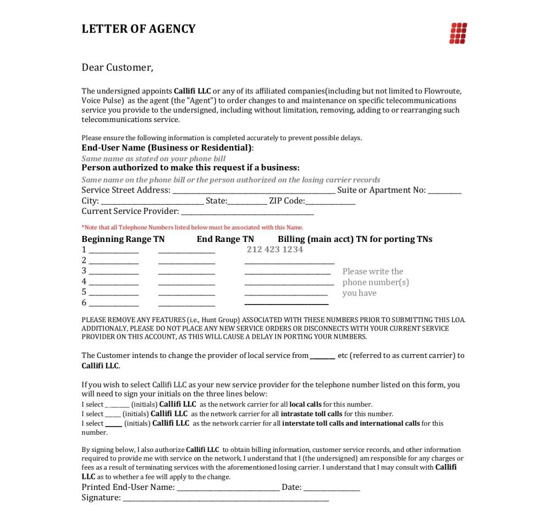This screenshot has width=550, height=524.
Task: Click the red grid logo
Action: pos(458,33)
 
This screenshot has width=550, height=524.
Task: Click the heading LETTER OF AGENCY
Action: pos(138,29)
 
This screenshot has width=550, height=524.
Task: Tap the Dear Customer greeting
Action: pos(117,68)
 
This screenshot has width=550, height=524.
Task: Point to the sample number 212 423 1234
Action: pos(275,250)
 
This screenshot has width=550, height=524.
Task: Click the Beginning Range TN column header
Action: pos(123,239)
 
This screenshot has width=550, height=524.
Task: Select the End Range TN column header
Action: pos(226,239)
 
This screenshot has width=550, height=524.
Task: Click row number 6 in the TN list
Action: pos(84,303)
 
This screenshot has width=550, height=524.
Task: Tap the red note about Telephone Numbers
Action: pos(192,227)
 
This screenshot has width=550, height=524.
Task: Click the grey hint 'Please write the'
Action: pos(373,272)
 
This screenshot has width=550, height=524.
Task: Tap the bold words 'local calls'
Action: pos(305,405)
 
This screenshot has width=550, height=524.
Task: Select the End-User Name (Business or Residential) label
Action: pos(167,148)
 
